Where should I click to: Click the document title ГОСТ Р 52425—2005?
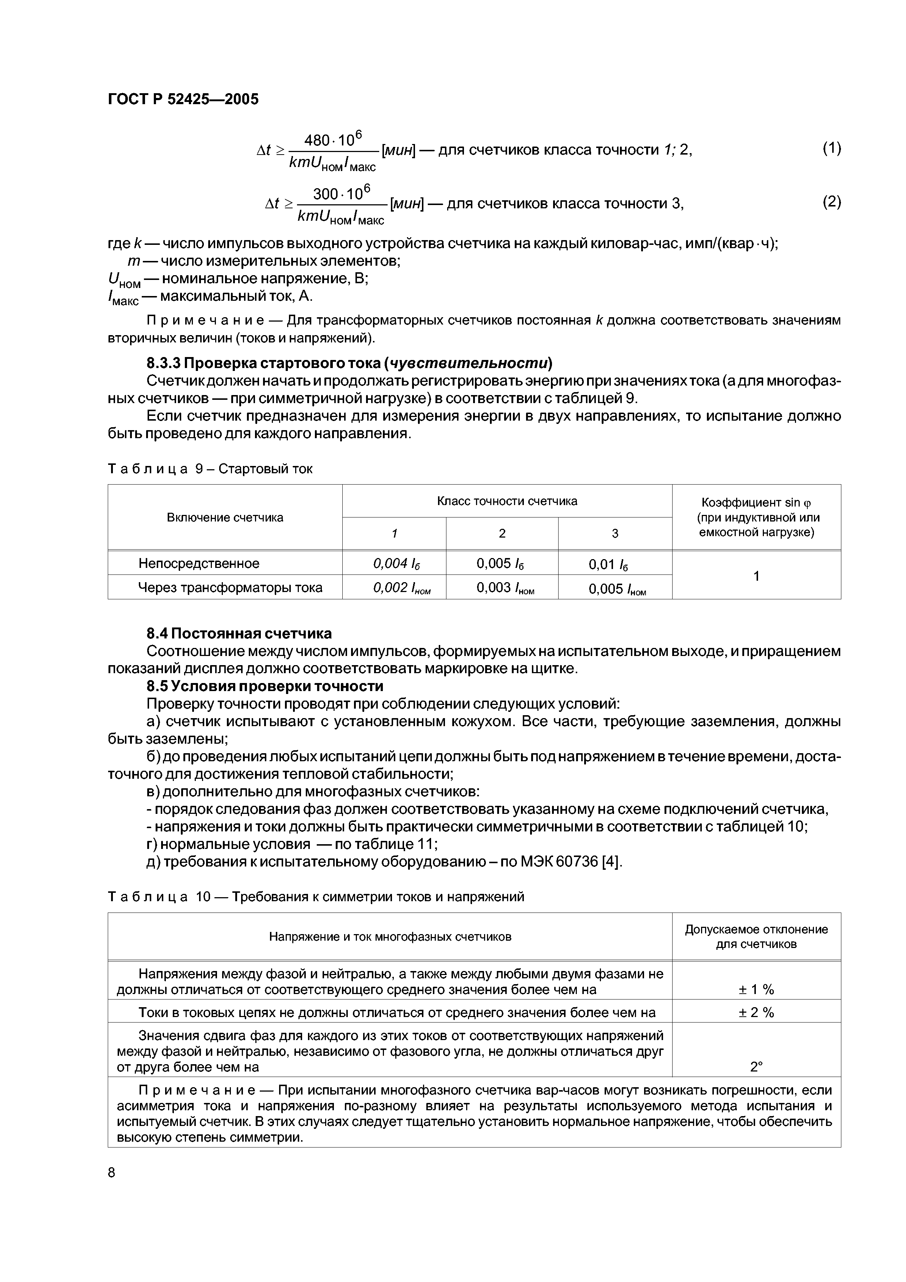tap(183, 99)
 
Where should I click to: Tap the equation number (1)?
tap(831, 148)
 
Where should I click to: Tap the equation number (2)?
tap(831, 202)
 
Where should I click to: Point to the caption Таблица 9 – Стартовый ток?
tap(210, 469)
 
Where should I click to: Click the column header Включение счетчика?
tap(225, 517)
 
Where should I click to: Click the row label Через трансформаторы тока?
tap(230, 587)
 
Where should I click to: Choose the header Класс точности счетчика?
tap(507, 501)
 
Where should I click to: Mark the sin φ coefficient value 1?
tap(756, 576)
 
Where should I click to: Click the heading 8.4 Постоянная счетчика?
tap(239, 633)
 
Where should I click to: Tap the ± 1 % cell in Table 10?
tap(756, 989)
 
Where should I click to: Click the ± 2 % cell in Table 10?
tap(756, 1012)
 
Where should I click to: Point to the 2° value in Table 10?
tap(756, 1067)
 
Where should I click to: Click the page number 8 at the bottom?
tap(112, 1173)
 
